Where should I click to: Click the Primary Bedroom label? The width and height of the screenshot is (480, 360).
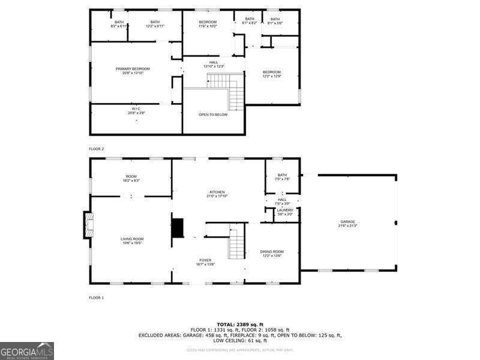click(133, 71)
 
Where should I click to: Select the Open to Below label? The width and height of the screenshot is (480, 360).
click(213, 115)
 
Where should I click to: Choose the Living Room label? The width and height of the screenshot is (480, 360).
click(132, 241)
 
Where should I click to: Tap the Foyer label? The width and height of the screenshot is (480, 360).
click(205, 262)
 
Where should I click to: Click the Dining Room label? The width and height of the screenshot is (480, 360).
click(272, 253)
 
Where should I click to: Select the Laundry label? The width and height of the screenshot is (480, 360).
click(285, 212)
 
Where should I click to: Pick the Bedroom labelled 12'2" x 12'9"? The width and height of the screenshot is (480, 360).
click(271, 74)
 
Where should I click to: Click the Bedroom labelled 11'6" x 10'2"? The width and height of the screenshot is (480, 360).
click(208, 23)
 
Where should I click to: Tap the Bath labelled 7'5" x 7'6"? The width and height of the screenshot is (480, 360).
click(282, 177)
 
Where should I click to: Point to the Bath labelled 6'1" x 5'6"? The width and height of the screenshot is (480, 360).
click(275, 21)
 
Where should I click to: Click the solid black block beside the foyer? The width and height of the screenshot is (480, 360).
click(178, 229)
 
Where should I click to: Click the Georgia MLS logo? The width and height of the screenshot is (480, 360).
click(27, 350)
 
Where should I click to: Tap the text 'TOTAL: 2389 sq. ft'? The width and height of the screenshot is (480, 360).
click(240, 324)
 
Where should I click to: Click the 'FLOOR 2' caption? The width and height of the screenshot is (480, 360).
click(97, 148)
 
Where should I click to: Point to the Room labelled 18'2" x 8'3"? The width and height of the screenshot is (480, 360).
click(131, 178)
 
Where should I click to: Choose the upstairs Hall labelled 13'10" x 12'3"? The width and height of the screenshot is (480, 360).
click(214, 64)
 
